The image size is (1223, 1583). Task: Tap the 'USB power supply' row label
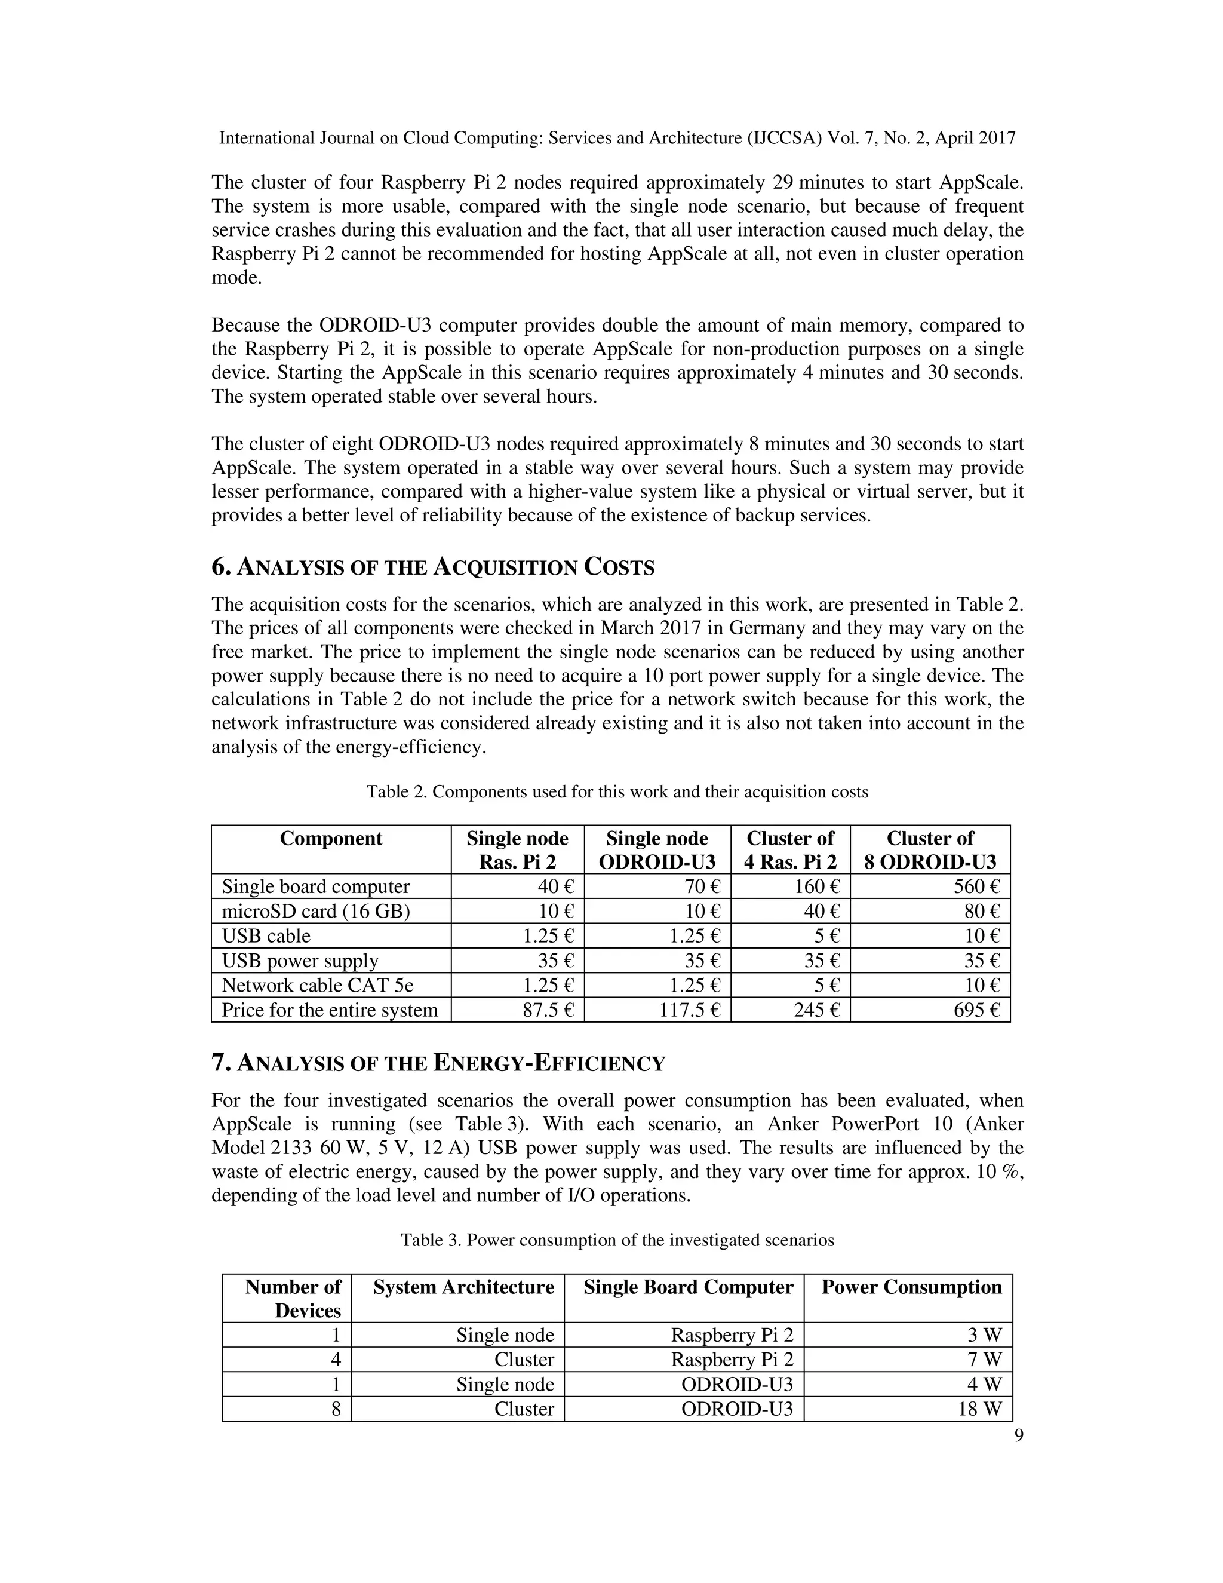pyautogui.click(x=300, y=961)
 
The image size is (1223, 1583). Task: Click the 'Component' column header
pyautogui.click(x=330, y=839)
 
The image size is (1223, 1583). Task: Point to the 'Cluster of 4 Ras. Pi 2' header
pyautogui.click(x=791, y=849)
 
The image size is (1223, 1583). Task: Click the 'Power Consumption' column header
pyautogui.click(x=911, y=1287)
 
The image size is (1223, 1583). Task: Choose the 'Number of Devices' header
pyautogui.click(x=292, y=1298)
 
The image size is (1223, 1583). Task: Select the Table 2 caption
pyautogui.click(x=616, y=791)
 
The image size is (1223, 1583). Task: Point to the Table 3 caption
pyautogui.click(x=617, y=1240)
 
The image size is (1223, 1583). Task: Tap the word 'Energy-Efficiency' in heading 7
pyautogui.click(x=548, y=1063)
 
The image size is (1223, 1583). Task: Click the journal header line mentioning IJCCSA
pyautogui.click(x=617, y=138)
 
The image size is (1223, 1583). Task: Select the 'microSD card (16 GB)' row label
pyautogui.click(x=315, y=911)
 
